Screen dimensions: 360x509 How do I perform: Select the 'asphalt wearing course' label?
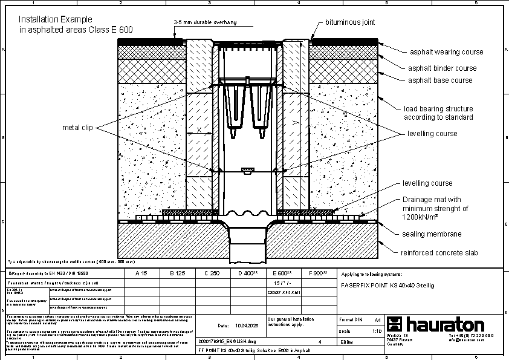coord(447,53)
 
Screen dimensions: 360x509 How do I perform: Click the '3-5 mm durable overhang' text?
coord(205,22)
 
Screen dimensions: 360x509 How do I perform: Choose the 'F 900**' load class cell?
coord(318,273)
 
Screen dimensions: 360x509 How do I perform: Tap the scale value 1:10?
coord(377,331)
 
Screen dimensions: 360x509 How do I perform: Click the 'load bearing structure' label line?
coord(438,109)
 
